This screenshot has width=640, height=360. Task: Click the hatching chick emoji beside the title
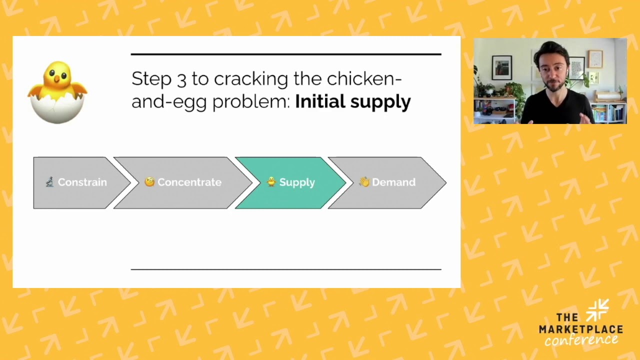point(57,91)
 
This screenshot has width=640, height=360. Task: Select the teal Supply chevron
point(290,182)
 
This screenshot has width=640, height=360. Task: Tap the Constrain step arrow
point(80,182)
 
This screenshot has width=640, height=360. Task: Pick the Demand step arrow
point(387,182)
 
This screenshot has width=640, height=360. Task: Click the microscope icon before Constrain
point(49,182)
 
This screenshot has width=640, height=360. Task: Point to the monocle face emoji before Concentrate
point(149,182)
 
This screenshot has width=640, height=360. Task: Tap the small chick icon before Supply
point(271,182)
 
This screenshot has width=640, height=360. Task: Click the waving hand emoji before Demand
point(364,182)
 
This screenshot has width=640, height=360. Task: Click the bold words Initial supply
point(352,101)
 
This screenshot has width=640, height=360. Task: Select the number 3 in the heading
point(181,79)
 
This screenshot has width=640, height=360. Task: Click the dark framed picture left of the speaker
point(501,67)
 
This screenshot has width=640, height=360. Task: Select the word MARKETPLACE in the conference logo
point(580,329)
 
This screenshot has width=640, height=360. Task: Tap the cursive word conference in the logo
point(581,340)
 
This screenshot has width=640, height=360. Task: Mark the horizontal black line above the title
point(286,54)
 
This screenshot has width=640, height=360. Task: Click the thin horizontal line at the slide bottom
point(286,269)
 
